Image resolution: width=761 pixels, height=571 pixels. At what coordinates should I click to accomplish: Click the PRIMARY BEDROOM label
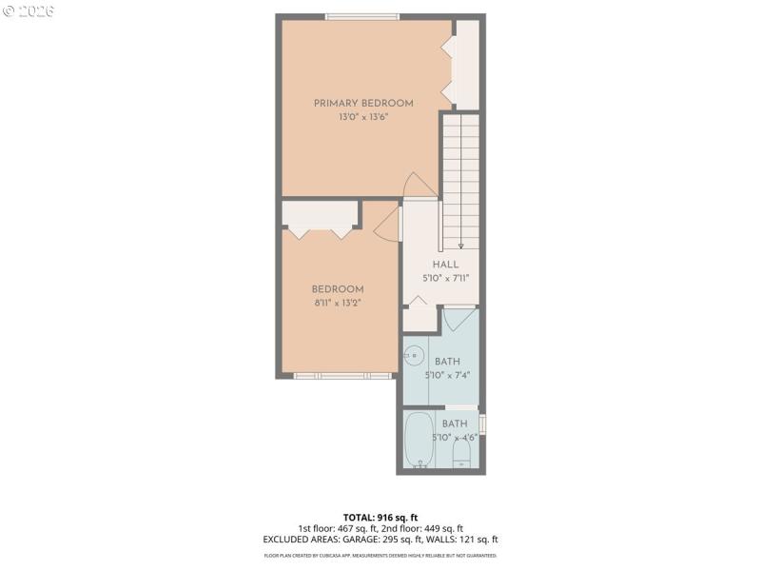pyautogui.click(x=363, y=104)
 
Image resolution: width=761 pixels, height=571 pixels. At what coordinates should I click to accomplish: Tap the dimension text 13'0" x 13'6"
pyautogui.click(x=363, y=117)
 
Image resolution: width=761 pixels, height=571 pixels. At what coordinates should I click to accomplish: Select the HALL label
pyautogui.click(x=445, y=265)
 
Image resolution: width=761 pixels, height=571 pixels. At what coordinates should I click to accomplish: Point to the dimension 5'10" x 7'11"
pyautogui.click(x=445, y=279)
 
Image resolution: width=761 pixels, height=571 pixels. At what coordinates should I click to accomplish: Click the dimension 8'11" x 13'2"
pyautogui.click(x=338, y=303)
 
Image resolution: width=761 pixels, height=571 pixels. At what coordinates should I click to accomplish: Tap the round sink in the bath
pyautogui.click(x=413, y=357)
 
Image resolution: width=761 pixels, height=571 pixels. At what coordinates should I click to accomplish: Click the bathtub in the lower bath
pyautogui.click(x=420, y=439)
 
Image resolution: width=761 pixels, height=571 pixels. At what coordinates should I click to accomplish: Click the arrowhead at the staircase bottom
pyautogui.click(x=460, y=245)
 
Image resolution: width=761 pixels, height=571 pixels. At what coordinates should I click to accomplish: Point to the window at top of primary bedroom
pyautogui.click(x=361, y=16)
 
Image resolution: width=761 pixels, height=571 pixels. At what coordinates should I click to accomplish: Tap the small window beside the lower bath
pyautogui.click(x=482, y=423)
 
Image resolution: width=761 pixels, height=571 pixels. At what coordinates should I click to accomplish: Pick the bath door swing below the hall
pyautogui.click(x=459, y=320)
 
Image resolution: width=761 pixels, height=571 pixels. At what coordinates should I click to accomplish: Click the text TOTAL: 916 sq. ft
pyautogui.click(x=380, y=517)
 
